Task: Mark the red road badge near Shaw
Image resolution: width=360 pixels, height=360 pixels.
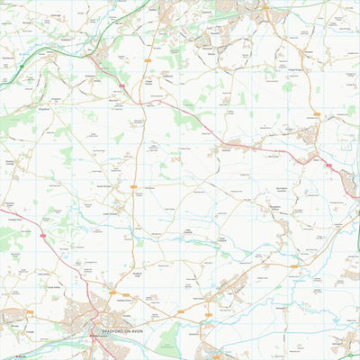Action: tap(328, 166)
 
